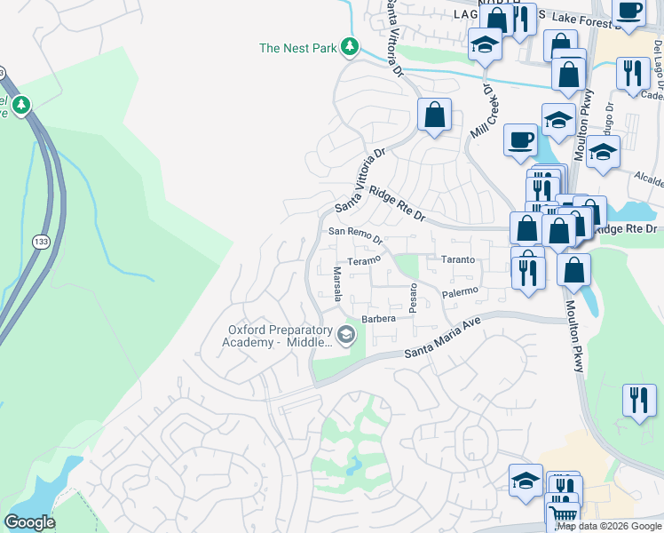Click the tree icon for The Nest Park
pyautogui.click(x=351, y=47)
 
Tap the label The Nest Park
pyautogui.click(x=297, y=48)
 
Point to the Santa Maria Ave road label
pyautogui.click(x=441, y=339)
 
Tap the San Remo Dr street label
pyautogui.click(x=355, y=235)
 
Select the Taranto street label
pyautogui.click(x=458, y=259)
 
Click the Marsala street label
pyautogui.click(x=336, y=284)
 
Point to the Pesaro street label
pyautogui.click(x=413, y=298)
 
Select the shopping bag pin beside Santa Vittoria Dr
pyautogui.click(x=435, y=115)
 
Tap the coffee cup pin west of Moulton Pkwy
pyautogui.click(x=520, y=139)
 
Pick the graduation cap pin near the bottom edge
pyautogui.click(x=526, y=481)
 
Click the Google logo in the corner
pyautogui.click(x=29, y=522)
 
